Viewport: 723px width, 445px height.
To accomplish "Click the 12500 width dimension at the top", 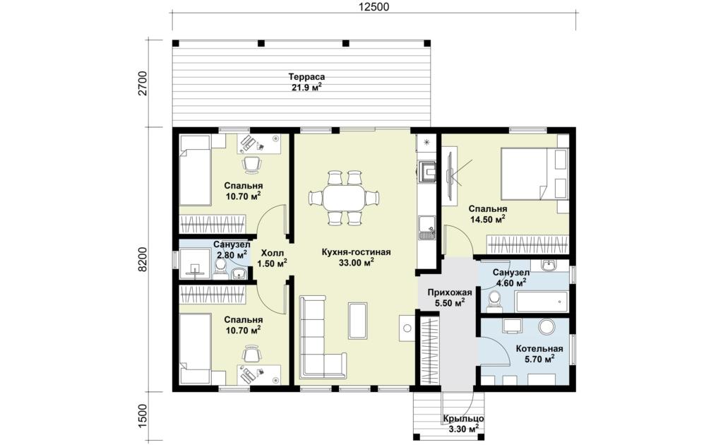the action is click(x=374, y=6).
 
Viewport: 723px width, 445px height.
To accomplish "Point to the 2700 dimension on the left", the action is click(x=143, y=83).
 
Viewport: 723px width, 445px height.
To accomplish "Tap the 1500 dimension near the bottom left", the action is click(x=143, y=417).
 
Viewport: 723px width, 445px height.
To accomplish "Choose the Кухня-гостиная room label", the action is click(x=356, y=252).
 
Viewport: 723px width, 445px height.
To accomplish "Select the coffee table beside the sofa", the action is click(x=358, y=320).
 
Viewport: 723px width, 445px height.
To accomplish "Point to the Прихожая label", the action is click(x=450, y=292).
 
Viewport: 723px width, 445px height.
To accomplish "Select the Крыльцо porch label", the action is click(x=463, y=419).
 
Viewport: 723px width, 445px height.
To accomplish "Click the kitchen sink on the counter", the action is click(x=426, y=228).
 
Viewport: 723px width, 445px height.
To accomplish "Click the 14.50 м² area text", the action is click(x=487, y=220).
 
